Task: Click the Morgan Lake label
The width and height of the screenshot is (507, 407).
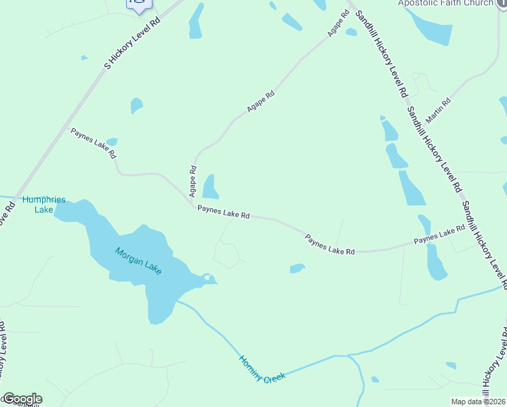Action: click(x=138, y=261)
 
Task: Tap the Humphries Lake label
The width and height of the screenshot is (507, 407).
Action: click(x=44, y=204)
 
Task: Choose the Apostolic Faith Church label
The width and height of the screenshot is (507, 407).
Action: click(x=445, y=3)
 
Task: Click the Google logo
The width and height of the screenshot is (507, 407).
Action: click(x=22, y=399)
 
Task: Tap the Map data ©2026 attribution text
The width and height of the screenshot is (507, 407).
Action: click(x=478, y=402)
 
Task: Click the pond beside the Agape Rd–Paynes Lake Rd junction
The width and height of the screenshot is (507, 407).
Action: click(x=211, y=187)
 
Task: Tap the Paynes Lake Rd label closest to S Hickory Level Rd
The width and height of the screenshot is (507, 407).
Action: click(x=94, y=142)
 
